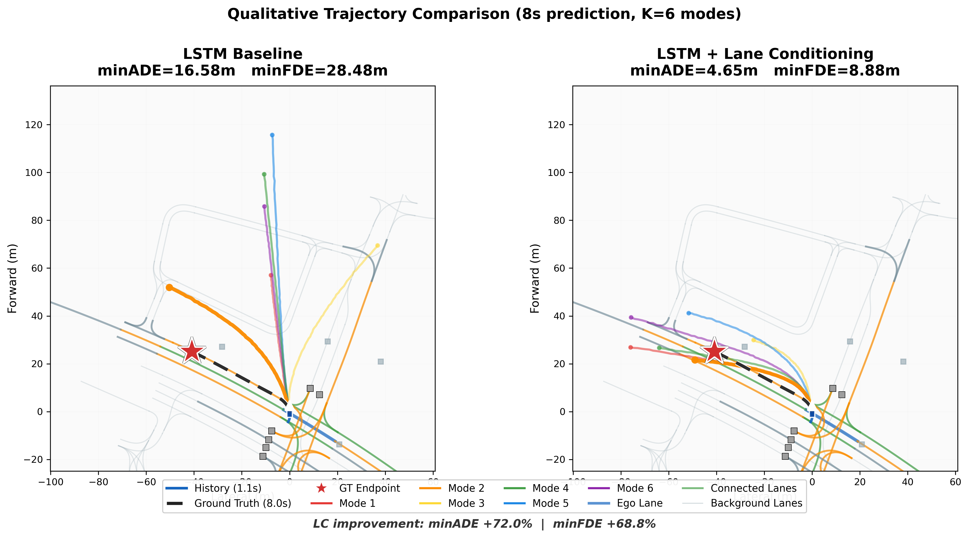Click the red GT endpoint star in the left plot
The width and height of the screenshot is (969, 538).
pyautogui.click(x=192, y=351)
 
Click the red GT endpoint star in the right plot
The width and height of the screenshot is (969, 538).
pyautogui.click(x=714, y=351)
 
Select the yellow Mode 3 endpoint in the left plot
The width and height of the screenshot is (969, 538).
pyautogui.click(x=377, y=245)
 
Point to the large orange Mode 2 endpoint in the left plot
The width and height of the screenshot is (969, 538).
pyautogui.click(x=169, y=287)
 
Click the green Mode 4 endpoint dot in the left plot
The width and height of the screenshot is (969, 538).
pyautogui.click(x=264, y=174)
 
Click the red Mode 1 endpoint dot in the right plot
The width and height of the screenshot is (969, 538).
pyautogui.click(x=630, y=347)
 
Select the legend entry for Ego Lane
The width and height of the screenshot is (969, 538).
pyautogui.click(x=640, y=503)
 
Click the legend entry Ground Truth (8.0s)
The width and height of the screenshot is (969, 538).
pyautogui.click(x=243, y=503)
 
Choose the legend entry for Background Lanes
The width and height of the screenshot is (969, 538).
pyautogui.click(x=756, y=503)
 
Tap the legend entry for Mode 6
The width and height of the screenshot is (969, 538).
pyautogui.click(x=635, y=488)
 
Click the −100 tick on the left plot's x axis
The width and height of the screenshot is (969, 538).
pyautogui.click(x=50, y=482)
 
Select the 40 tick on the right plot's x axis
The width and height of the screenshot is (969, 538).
pyautogui.click(x=908, y=482)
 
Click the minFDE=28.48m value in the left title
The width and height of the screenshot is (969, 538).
pyautogui.click(x=319, y=71)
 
